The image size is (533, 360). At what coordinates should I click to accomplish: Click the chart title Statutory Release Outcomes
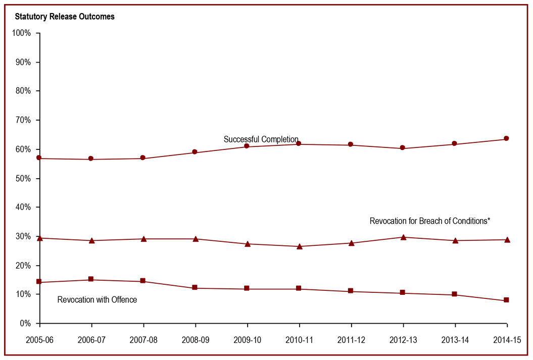[x=65, y=17]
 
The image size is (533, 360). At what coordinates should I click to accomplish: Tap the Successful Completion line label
[x=261, y=139]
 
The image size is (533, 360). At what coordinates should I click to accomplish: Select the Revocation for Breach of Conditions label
[x=430, y=221]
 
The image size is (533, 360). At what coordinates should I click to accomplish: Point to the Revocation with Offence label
[x=97, y=300]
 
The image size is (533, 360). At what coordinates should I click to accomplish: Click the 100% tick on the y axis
[x=22, y=33]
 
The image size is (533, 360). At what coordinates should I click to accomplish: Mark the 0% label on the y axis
[x=25, y=324]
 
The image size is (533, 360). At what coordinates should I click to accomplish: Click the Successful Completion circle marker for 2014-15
[x=506, y=139]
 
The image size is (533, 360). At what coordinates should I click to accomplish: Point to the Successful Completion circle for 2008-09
[x=195, y=152]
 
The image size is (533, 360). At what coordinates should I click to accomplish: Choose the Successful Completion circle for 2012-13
[x=403, y=148]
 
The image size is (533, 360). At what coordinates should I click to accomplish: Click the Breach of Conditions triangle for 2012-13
[x=403, y=237]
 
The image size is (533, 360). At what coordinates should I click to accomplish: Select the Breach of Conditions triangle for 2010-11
[x=299, y=246]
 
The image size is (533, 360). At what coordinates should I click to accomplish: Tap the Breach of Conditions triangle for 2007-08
[x=143, y=239]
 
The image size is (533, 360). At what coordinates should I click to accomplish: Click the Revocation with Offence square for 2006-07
[x=91, y=279]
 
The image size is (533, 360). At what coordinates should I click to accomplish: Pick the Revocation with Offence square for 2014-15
[x=506, y=300]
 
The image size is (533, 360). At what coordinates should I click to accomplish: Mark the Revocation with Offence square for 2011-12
[x=351, y=291]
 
